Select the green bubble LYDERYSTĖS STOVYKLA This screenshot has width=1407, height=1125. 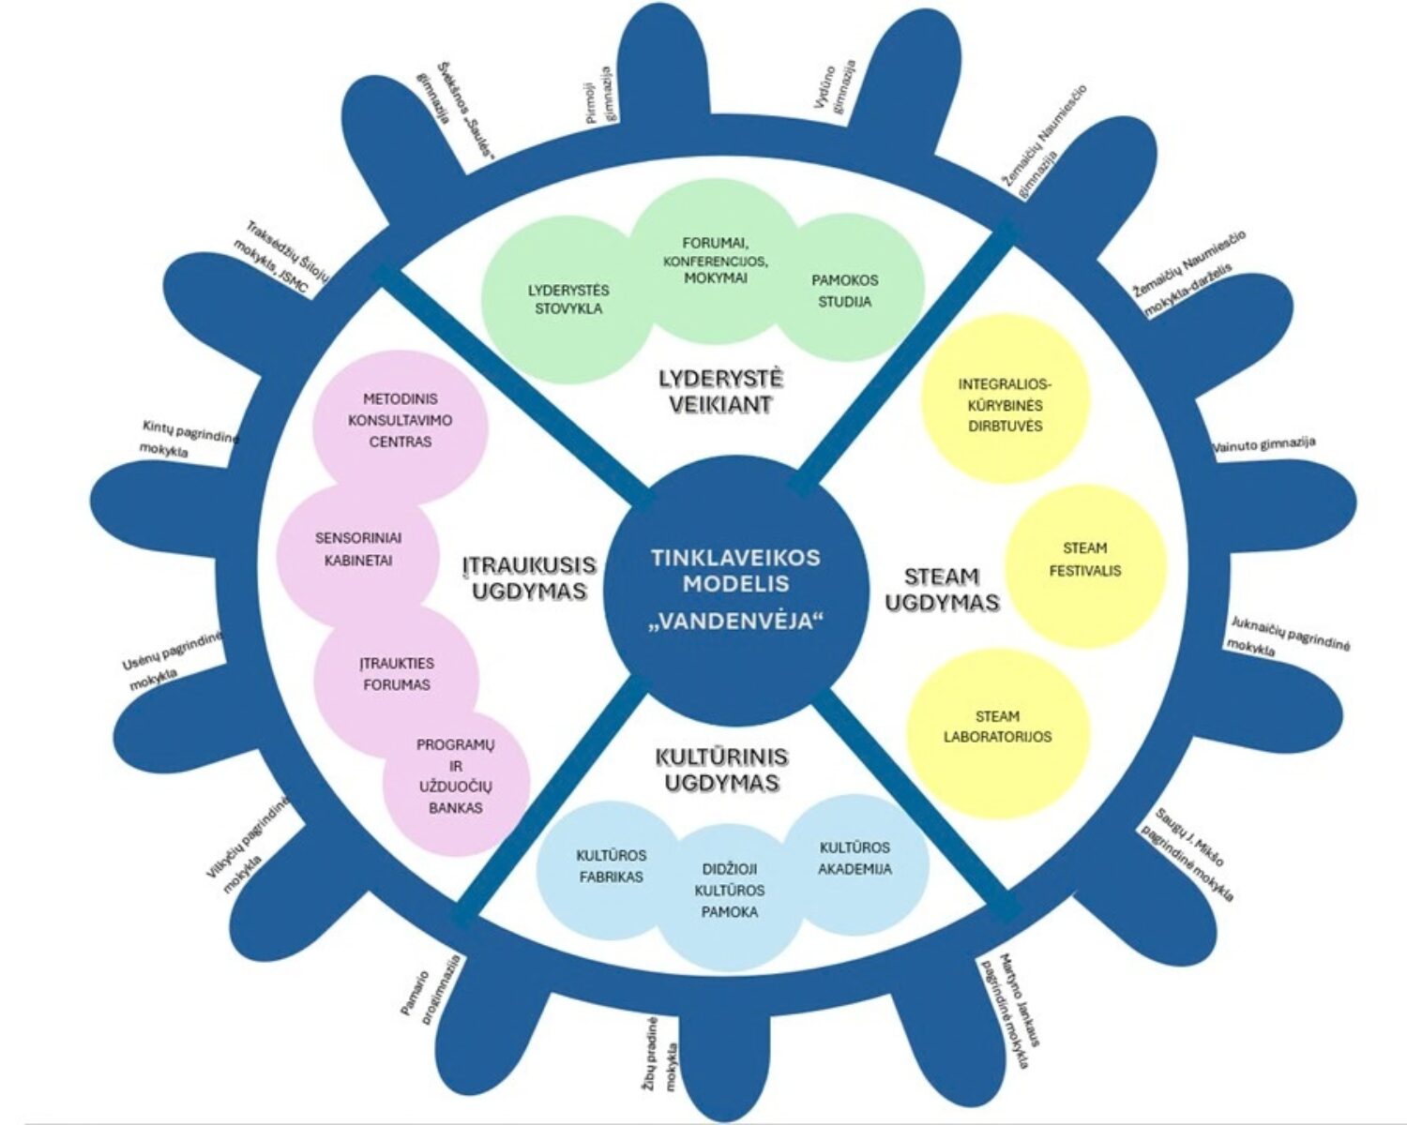[x=568, y=299]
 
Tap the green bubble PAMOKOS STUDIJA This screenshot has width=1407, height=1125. [x=845, y=291]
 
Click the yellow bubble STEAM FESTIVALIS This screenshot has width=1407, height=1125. [x=1084, y=560]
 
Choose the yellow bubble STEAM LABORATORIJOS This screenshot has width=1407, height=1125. [x=998, y=727]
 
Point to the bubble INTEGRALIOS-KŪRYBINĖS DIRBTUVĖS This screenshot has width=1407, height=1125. [x=1000, y=404]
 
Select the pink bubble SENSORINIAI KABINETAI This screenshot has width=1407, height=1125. [x=357, y=549]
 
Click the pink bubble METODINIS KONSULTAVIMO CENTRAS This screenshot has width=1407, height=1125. [x=400, y=420]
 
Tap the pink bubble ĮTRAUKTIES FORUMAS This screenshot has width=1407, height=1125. [x=397, y=674]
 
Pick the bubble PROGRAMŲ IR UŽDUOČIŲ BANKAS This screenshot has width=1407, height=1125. [x=455, y=776]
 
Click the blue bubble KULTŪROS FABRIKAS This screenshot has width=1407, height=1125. [x=611, y=866]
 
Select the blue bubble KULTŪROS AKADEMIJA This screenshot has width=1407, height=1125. [x=855, y=858]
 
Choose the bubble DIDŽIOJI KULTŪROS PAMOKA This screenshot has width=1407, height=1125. [x=730, y=891]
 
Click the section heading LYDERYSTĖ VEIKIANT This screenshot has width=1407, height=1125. [x=720, y=392]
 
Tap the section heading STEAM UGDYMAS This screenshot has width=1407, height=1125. [x=942, y=590]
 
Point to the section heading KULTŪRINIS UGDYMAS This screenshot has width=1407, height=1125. [x=720, y=770]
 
